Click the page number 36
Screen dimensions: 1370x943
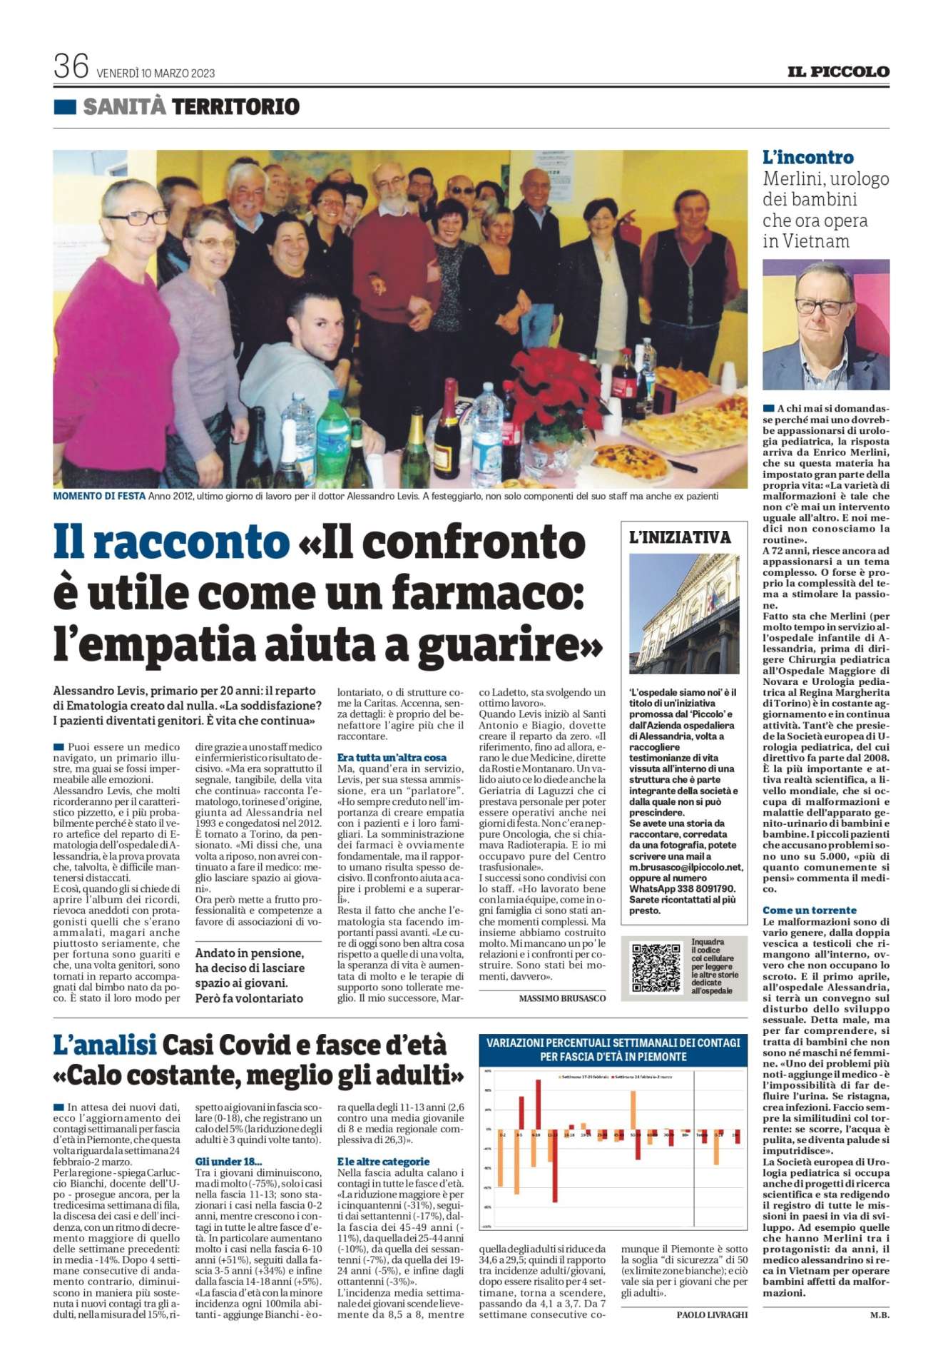[71, 68]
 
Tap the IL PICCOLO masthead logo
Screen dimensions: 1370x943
[838, 71]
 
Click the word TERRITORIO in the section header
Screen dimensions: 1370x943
[235, 107]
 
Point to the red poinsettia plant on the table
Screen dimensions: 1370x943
[549, 381]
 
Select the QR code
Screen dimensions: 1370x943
[657, 968]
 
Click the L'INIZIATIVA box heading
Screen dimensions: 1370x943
[681, 537]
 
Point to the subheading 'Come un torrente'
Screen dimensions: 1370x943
[810, 910]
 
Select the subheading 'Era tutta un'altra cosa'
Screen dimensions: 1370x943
[392, 756]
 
